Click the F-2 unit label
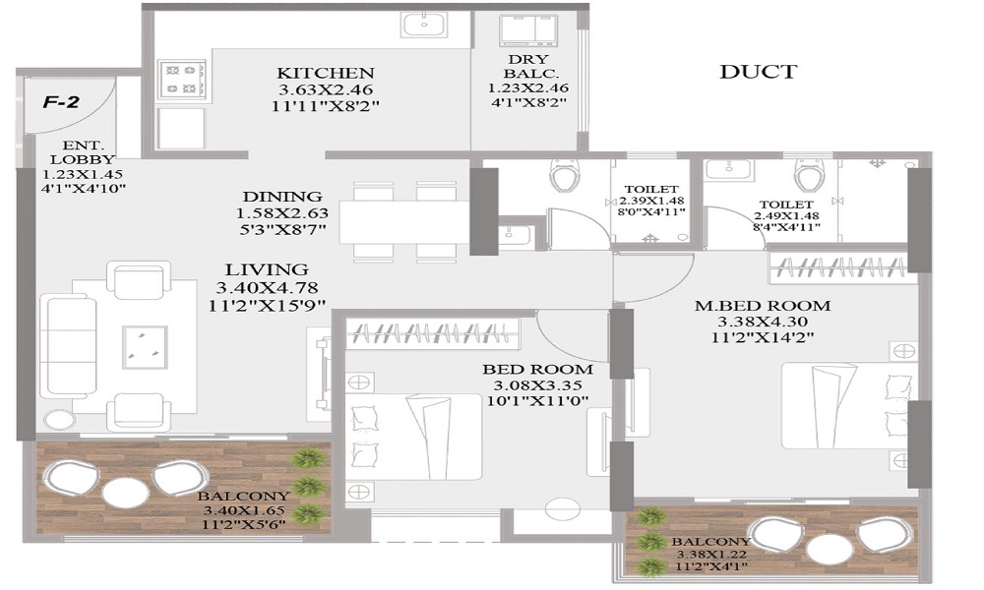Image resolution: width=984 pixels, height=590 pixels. [x=61, y=101]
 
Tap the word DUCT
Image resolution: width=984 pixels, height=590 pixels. [x=758, y=72]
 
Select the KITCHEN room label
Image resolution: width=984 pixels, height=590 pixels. [x=325, y=73]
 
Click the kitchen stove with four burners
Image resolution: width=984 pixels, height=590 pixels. [x=183, y=79]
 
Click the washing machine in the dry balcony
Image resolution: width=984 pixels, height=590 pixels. [x=527, y=30]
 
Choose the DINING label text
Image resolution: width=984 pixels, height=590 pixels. [x=282, y=197]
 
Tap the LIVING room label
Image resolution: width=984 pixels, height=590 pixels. [x=267, y=269]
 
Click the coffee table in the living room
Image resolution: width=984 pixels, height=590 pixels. [x=145, y=347]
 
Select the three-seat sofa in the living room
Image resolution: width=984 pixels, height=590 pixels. [x=69, y=347]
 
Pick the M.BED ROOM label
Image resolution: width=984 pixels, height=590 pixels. [x=763, y=306]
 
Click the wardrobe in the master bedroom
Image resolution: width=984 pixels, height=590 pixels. [x=838, y=267]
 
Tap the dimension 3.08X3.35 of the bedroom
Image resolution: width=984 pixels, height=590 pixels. [x=538, y=384]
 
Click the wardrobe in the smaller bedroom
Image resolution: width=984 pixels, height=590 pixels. [x=433, y=334]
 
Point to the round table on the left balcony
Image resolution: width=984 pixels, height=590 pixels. [x=126, y=493]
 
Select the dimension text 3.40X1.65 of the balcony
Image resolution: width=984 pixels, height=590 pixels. [x=241, y=510]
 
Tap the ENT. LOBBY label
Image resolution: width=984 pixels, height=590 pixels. [x=83, y=152]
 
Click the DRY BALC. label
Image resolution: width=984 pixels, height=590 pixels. [x=527, y=66]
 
